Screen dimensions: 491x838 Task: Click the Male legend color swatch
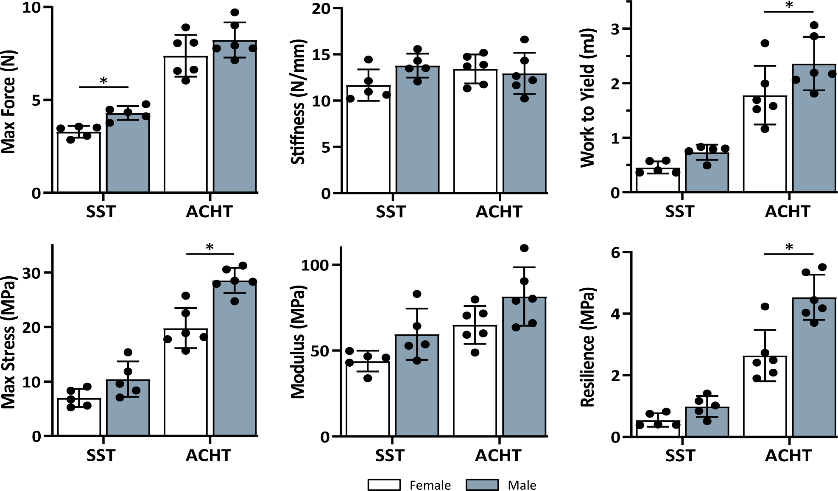tap(482, 485)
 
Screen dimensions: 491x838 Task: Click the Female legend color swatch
tap(384, 485)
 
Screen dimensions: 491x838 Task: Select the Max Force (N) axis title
tap(8, 102)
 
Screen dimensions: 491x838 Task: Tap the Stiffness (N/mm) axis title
tap(298, 102)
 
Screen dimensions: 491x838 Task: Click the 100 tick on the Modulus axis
tap(315, 265)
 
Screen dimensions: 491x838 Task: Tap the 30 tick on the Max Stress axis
tap(31, 273)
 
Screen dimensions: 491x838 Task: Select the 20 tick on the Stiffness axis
tap(321, 8)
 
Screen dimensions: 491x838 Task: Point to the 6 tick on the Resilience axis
tap(615, 253)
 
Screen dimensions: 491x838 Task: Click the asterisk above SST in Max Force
tap(103, 81)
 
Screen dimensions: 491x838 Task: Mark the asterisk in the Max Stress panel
tap(209, 247)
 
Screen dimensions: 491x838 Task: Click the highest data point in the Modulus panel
tap(524, 248)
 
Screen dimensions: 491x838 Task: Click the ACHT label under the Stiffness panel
tap(499, 212)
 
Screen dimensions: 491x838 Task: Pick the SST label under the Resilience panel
tap(680, 456)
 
